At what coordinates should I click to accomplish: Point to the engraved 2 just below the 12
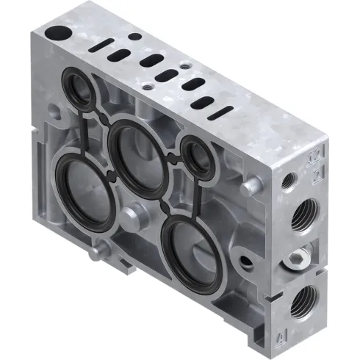(317, 173)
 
